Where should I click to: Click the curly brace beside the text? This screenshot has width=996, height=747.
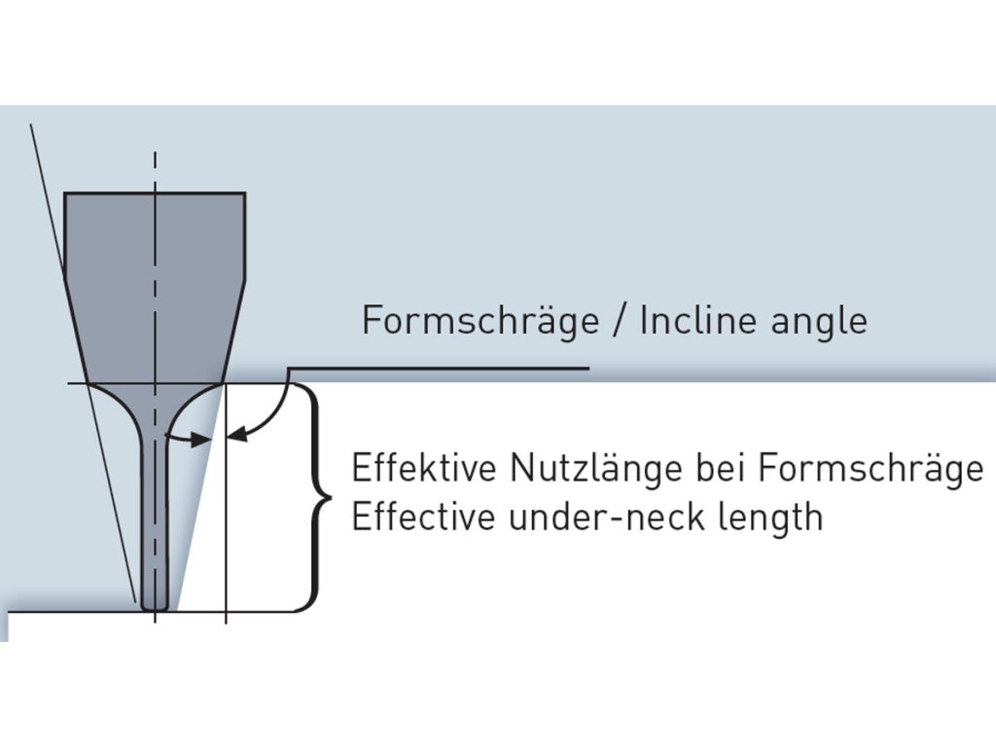(313, 496)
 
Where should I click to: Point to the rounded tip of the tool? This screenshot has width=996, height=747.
(155, 605)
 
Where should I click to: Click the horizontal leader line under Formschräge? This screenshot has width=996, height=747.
(438, 369)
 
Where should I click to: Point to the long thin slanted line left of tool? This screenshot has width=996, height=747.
(83, 360)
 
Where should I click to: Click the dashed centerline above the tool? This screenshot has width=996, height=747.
(155, 171)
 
